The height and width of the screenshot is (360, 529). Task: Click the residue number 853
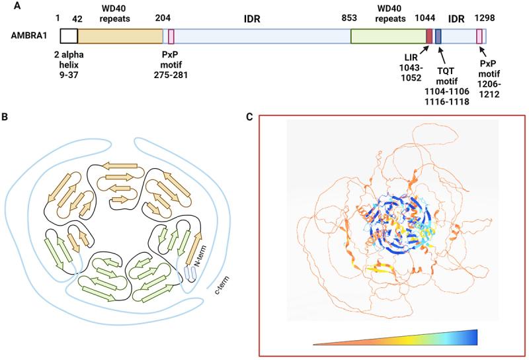pos(350,19)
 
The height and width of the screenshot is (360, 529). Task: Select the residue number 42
pos(77,19)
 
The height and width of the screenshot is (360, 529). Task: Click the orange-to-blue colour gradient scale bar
pos(395,337)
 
